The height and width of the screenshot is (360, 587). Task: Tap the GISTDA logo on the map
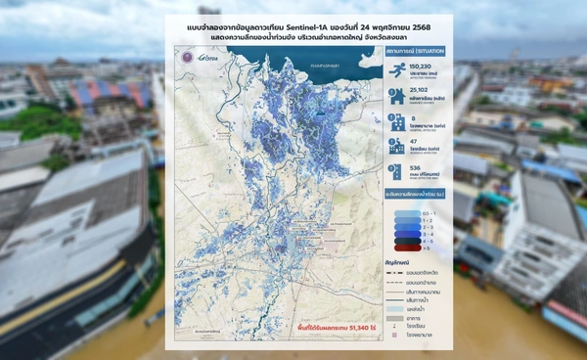pos(203,58)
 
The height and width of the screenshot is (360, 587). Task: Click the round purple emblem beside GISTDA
pos(184,58)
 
